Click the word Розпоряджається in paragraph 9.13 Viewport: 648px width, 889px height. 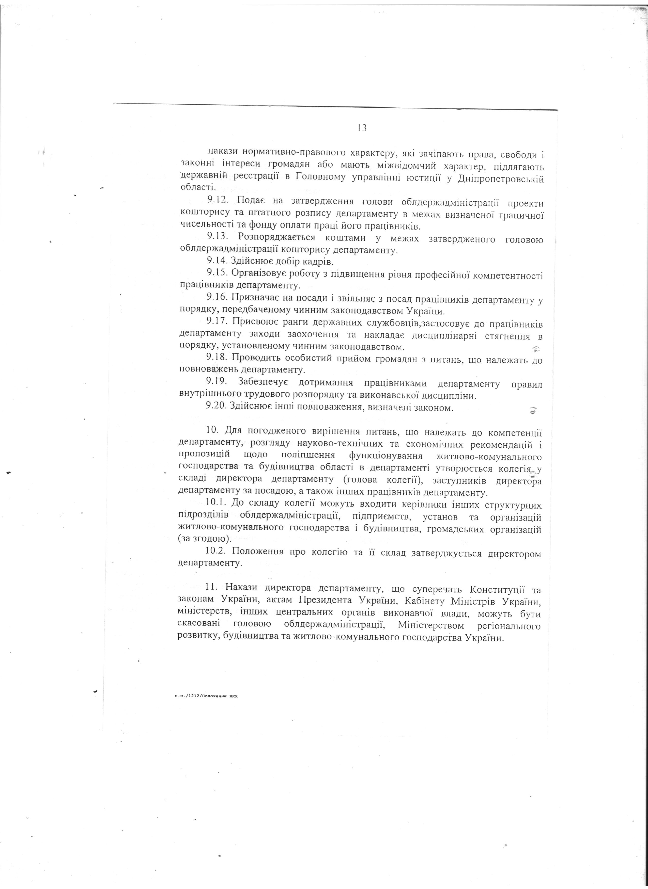click(277, 237)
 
